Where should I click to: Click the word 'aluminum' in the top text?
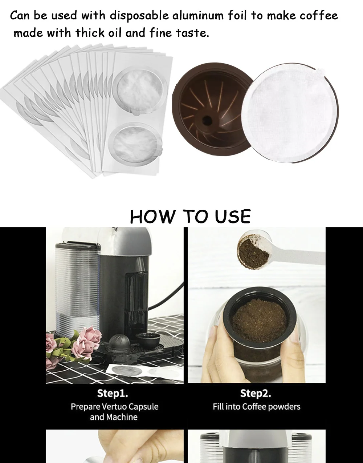(x=198, y=16)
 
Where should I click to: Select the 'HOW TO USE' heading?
(x=190, y=217)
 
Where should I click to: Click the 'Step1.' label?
(x=113, y=393)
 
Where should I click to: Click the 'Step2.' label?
(x=256, y=393)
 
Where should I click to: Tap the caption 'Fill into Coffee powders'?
(x=256, y=406)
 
